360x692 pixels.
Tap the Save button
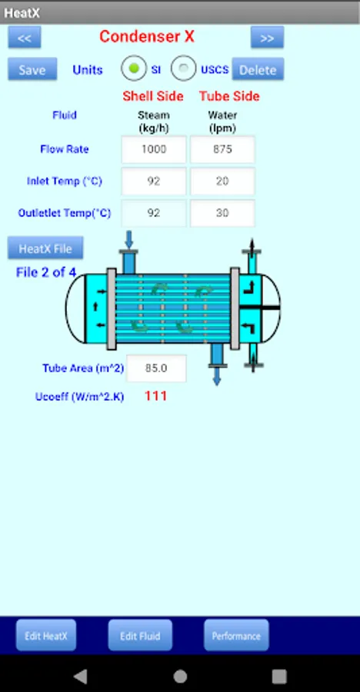tap(32, 69)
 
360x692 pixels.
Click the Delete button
tap(258, 69)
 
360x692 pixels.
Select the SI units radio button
tap(134, 68)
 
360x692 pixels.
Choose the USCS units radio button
tap(183, 68)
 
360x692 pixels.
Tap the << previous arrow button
tap(25, 38)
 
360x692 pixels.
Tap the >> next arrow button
tap(267, 38)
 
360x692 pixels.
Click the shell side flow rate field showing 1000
tap(154, 149)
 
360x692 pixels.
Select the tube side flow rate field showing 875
tap(222, 149)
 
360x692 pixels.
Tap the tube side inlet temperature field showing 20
tap(222, 181)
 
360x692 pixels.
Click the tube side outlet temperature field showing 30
tap(222, 213)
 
